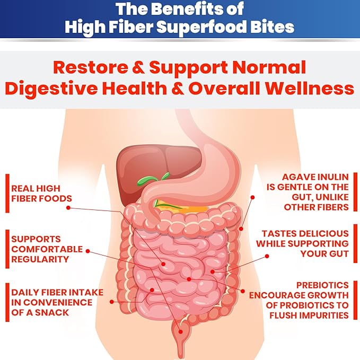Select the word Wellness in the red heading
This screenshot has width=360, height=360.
pos(310,89)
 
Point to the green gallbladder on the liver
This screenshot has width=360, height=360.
pos(152,179)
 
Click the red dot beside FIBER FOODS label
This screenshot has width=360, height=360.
pos(68,207)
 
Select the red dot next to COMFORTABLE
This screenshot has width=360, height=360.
pos(87,251)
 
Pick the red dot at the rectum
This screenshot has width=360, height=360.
pos(180,332)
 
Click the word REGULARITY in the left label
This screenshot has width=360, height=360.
pos(40,259)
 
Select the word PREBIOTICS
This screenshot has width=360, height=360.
pos(322,285)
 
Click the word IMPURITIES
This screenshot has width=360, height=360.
pos(324,315)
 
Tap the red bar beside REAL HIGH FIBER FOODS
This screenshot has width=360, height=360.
pos(7,194)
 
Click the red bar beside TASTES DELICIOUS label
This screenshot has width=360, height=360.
pos(355,243)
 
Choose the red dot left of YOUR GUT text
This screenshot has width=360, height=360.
pos(267,256)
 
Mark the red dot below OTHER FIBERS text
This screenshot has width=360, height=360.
pos(241,229)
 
